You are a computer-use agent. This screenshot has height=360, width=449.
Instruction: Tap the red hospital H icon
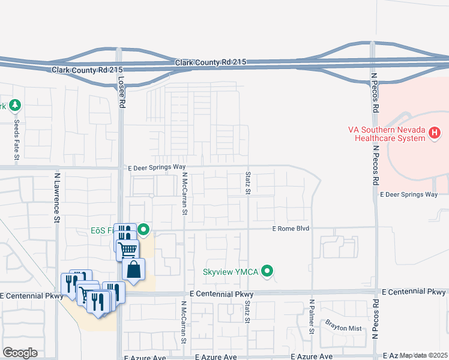pyautogui.click(x=436, y=131)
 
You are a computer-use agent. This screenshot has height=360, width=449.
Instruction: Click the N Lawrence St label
pyautogui.click(x=58, y=198)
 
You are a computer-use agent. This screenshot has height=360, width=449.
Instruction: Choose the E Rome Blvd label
pyautogui.click(x=291, y=229)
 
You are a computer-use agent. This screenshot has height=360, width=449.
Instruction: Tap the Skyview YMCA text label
pyautogui.click(x=230, y=272)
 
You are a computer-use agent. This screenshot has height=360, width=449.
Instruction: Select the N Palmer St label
pyautogui.click(x=312, y=316)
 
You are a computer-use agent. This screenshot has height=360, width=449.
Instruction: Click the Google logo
pyautogui.click(x=20, y=353)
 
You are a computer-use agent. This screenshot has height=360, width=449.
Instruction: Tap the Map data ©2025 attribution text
pyautogui.click(x=423, y=356)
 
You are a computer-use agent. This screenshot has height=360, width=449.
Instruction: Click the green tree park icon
pyautogui.click(x=15, y=106)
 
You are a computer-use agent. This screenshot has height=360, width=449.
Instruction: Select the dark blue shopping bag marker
pyautogui.click(x=133, y=270)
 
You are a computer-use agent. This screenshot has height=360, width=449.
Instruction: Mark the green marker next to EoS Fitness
pyautogui.click(x=143, y=229)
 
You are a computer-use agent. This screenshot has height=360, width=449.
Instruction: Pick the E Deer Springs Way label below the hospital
pyautogui.click(x=409, y=194)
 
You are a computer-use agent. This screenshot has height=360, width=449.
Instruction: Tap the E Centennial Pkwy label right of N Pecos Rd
pyautogui.click(x=414, y=292)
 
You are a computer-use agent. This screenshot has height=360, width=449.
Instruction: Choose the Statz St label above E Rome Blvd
pyautogui.click(x=248, y=182)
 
